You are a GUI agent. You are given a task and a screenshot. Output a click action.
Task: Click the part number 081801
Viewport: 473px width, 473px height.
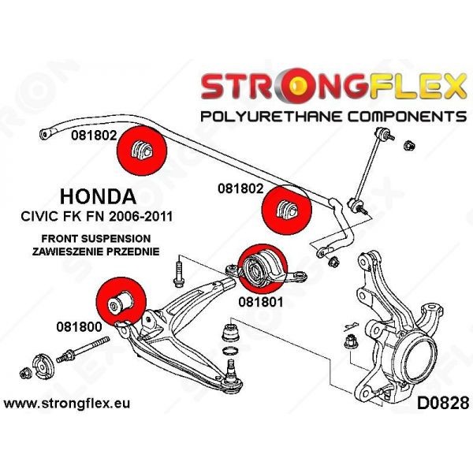pyautogui.click(x=261, y=302)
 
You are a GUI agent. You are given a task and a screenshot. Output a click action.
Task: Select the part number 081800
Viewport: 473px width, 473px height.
pyautogui.click(x=79, y=326)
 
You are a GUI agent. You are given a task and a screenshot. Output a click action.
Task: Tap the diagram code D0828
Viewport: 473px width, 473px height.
pyautogui.click(x=443, y=404)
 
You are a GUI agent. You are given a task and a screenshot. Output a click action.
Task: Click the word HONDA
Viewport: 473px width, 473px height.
pyautogui.click(x=98, y=196)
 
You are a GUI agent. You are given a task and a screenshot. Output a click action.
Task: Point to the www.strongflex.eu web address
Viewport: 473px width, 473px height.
pyautogui.click(x=67, y=404)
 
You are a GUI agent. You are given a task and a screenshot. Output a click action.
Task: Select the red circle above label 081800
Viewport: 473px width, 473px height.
pyautogui.click(x=121, y=302)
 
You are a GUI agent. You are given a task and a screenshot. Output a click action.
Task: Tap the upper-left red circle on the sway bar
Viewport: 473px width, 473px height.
pyautogui.click(x=142, y=151)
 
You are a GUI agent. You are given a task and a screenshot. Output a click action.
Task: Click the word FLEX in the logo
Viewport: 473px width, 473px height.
pyautogui.click(x=415, y=86)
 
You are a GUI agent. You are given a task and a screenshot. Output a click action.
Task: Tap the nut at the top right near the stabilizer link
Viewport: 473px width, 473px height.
pyautogui.click(x=409, y=145)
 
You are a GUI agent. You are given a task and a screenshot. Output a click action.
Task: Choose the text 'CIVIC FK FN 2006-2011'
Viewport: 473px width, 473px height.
pyautogui.click(x=97, y=216)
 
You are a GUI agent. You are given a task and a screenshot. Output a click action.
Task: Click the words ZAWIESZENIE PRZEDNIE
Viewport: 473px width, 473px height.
pyautogui.click(x=96, y=251)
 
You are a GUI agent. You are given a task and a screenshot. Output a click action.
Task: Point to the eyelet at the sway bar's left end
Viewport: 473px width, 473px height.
pyautogui.click(x=45, y=133)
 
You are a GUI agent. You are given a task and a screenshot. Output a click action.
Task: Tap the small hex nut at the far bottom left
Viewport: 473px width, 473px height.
pyautogui.click(x=25, y=374)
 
